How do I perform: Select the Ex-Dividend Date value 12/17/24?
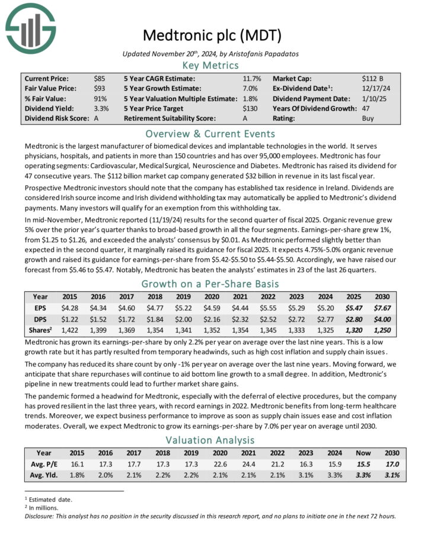tap(375, 88)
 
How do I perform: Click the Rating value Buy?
tap(368, 118)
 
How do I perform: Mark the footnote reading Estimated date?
tap(50, 500)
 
